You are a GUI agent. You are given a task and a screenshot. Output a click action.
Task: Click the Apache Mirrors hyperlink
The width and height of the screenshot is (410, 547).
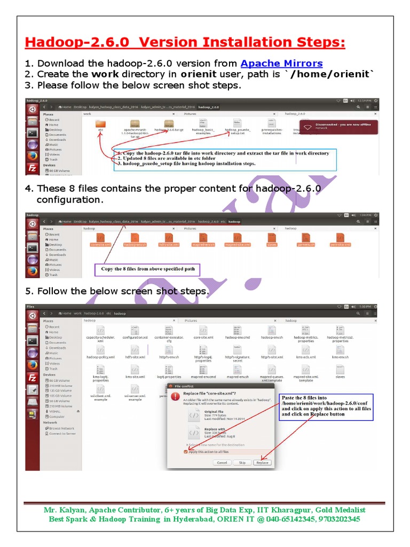click(281, 64)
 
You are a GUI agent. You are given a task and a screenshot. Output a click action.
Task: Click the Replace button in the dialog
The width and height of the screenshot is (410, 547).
click(262, 463)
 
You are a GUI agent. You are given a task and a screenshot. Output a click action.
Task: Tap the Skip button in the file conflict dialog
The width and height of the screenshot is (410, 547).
click(242, 463)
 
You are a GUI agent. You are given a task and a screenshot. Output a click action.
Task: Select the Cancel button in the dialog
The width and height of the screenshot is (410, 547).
click(222, 463)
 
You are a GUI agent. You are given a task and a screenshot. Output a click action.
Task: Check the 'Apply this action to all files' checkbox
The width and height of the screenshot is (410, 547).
click(186, 452)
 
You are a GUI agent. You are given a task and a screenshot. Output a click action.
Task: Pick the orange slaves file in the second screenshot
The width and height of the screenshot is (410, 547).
click(272, 239)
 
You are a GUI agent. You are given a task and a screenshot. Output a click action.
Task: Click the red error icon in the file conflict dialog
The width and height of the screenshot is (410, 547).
click(175, 396)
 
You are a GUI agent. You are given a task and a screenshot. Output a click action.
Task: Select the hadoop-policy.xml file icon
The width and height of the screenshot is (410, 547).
click(100, 351)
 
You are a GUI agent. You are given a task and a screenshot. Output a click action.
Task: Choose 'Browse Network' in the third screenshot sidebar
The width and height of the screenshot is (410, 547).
click(62, 428)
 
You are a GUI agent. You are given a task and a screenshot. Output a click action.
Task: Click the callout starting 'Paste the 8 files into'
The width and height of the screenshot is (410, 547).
click(326, 406)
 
